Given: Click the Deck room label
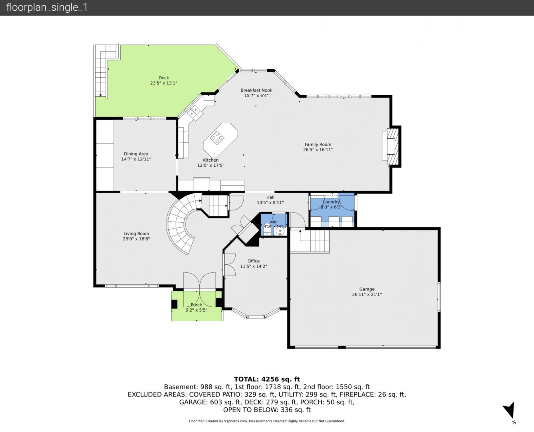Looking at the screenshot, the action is [x=164, y=78].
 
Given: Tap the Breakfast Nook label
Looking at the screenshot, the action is [x=256, y=90].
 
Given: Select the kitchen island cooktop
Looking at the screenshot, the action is [x=217, y=137].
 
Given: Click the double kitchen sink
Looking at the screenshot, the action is [x=194, y=112].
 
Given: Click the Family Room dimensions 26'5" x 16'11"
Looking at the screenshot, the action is [x=318, y=150].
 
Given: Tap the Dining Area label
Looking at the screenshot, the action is [x=136, y=154].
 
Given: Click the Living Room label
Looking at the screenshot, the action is [x=136, y=234].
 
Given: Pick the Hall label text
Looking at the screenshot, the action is [x=270, y=197].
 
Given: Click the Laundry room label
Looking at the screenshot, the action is [x=331, y=202].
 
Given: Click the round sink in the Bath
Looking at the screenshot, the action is [x=280, y=231].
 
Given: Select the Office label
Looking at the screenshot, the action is [x=254, y=261].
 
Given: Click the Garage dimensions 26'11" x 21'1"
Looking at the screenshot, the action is [x=367, y=294].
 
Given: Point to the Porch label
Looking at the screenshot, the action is [x=196, y=305].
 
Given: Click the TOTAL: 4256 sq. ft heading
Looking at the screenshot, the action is [x=267, y=379].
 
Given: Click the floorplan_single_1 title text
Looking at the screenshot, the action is [x=47, y=8].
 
